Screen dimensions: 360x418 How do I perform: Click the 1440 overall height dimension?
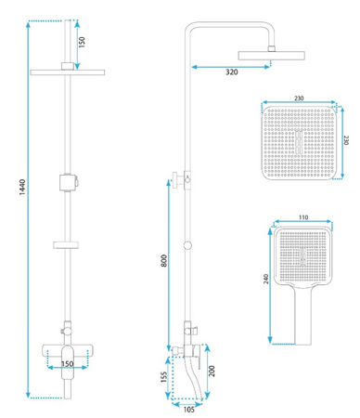(x=22, y=187)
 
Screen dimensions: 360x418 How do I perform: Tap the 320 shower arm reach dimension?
(x=232, y=72)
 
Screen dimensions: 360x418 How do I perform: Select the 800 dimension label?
(x=164, y=261)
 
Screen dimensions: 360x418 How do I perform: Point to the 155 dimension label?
(x=164, y=377)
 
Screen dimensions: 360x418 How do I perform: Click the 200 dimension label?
(x=212, y=371)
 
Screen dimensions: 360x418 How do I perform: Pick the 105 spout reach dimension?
(x=189, y=410)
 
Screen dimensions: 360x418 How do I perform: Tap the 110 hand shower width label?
(x=303, y=217)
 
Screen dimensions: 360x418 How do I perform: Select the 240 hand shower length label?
(x=266, y=279)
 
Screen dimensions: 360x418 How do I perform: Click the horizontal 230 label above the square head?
(x=299, y=98)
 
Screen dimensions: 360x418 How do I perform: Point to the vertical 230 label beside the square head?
(x=346, y=140)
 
